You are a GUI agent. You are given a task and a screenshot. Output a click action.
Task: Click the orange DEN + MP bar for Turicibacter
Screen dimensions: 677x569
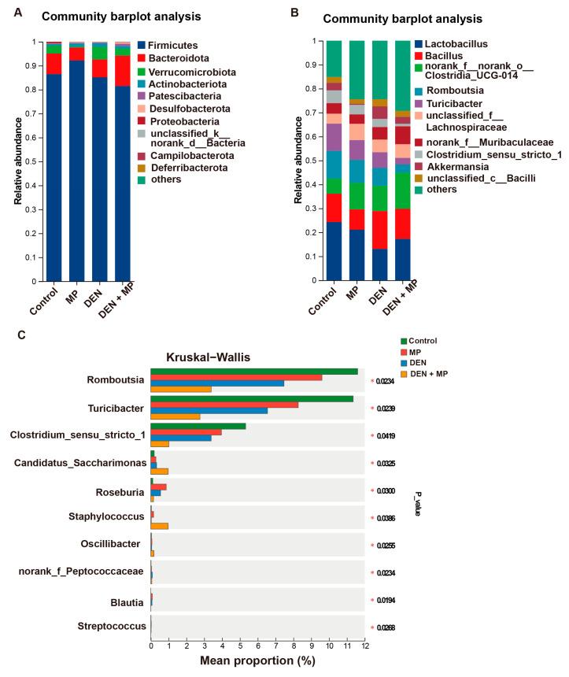176,416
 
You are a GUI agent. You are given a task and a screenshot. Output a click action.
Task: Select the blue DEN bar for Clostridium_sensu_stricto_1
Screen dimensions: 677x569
181,437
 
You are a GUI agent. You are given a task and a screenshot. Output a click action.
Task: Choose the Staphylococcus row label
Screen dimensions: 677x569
107,517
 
